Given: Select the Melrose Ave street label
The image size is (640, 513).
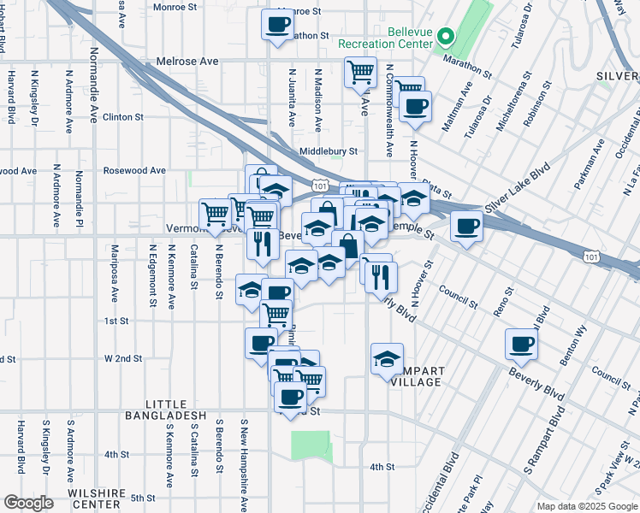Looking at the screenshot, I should click(187, 62).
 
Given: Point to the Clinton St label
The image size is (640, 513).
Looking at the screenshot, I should click(122, 117).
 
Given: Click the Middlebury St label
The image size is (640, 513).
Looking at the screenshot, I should click(328, 151).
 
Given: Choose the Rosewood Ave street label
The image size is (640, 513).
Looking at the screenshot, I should click(133, 170).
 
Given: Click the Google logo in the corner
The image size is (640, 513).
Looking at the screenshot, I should click(28, 503).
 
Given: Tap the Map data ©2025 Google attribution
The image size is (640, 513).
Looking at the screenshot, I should click(586, 506).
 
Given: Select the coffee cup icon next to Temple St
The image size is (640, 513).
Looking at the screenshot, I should click(466, 227).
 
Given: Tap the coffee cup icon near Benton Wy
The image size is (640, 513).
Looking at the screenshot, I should click(521, 345).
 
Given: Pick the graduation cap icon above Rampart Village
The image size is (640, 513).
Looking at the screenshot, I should click(387, 357).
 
